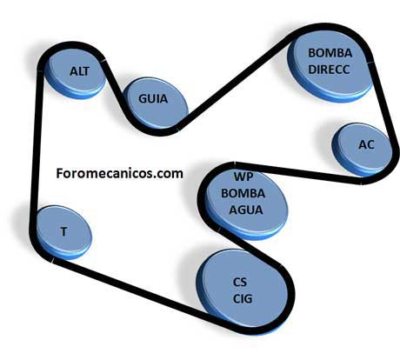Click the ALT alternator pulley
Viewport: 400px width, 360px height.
[x=76, y=74]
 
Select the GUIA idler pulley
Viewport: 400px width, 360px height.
[x=156, y=103]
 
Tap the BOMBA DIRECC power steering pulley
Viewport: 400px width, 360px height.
[x=330, y=65]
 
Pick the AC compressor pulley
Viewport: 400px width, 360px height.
[x=362, y=150]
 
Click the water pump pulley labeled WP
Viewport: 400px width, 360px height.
[x=246, y=203]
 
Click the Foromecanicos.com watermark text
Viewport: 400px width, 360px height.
[x=119, y=173]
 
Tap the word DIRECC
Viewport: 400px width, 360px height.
[x=329, y=70]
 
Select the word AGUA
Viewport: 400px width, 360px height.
[x=246, y=210]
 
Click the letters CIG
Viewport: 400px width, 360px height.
[x=243, y=299]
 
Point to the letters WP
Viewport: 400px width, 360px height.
[x=243, y=177]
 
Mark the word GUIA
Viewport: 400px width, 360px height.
[x=153, y=99]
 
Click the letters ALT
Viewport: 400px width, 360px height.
[x=79, y=71]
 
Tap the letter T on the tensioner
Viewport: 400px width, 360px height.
[x=63, y=232]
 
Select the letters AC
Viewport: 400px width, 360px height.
[x=366, y=144]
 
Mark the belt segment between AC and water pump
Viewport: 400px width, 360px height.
[x=298, y=171]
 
